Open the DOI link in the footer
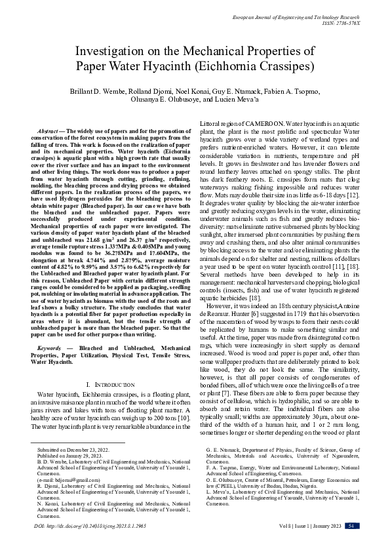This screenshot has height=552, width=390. pos(90,543)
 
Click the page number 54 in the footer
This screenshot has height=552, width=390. pos(351,543)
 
